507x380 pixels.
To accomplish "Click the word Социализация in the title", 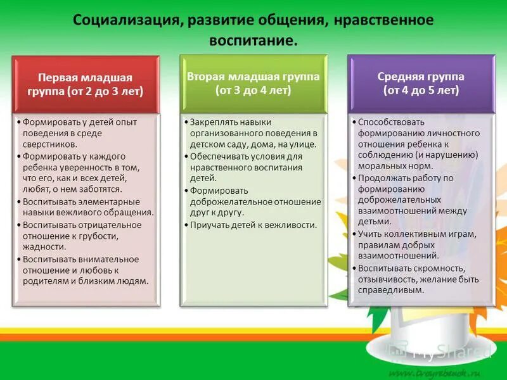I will coord(127,20).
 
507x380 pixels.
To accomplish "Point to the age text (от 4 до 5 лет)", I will coord(421,90).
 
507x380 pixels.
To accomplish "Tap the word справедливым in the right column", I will coord(391,290).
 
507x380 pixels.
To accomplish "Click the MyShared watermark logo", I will coord(437,352).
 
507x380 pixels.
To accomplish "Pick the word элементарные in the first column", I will coord(106,201).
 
